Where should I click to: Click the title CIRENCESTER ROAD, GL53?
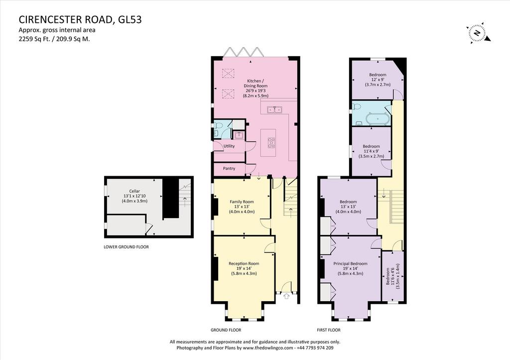[x=80, y=20]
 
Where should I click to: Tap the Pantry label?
[x=229, y=168]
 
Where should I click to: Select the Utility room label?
[x=229, y=146]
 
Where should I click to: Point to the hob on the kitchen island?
[x=271, y=142]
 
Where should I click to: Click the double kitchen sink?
[x=275, y=110]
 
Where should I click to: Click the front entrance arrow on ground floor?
[x=286, y=296]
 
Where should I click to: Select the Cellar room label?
[x=134, y=191]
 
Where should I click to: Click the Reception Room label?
[x=244, y=263]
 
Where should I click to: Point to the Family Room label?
[x=242, y=202]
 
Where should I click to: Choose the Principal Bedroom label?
[x=350, y=263]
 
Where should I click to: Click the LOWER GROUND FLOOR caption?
[x=126, y=247]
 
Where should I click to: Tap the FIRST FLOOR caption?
[x=329, y=330]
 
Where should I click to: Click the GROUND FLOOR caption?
[x=226, y=330]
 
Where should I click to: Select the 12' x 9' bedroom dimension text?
[x=378, y=80]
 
